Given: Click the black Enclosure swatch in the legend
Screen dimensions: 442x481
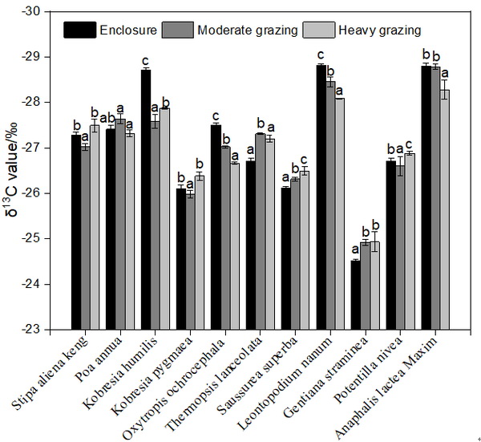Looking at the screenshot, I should coord(79,30).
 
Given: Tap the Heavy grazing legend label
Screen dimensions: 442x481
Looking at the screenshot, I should coord(380,30).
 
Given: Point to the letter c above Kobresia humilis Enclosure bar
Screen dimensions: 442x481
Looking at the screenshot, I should coord(146,61).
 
